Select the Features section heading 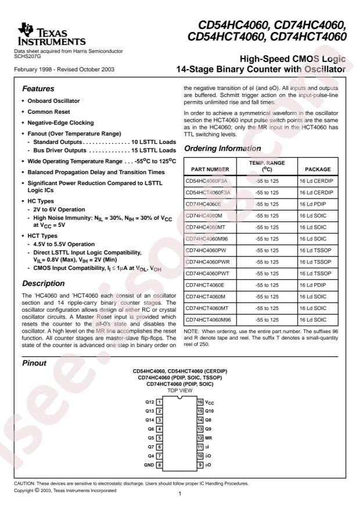pos(39,90)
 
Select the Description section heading pos(44,284)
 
